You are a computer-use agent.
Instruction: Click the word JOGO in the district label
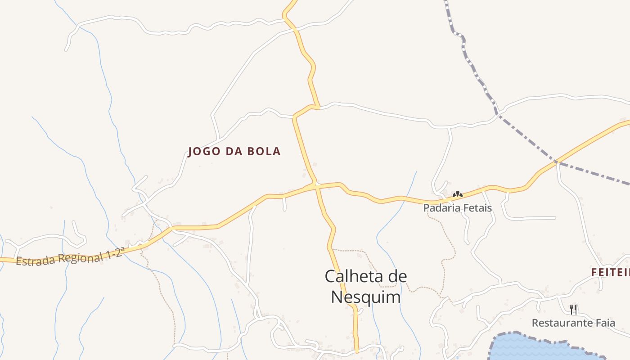point(203,151)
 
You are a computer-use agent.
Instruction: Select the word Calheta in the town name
point(352,276)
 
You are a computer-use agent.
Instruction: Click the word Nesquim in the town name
point(365,297)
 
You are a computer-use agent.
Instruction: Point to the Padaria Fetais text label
point(457,208)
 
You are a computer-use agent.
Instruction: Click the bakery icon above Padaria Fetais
point(457,195)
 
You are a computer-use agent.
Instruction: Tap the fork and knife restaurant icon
point(573,309)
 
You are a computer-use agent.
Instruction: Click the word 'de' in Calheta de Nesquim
point(396,276)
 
